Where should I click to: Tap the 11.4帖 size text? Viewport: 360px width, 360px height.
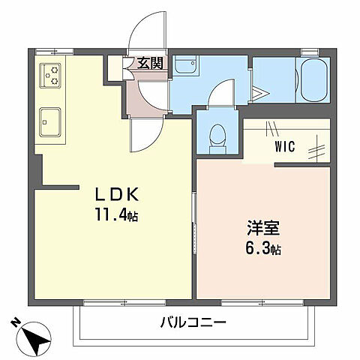pos(117,216)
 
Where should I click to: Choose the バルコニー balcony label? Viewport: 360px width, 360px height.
pos(193,323)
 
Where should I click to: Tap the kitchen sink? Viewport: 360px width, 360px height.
pos(51,119)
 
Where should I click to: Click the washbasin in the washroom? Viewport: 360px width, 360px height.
pos(185,67)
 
